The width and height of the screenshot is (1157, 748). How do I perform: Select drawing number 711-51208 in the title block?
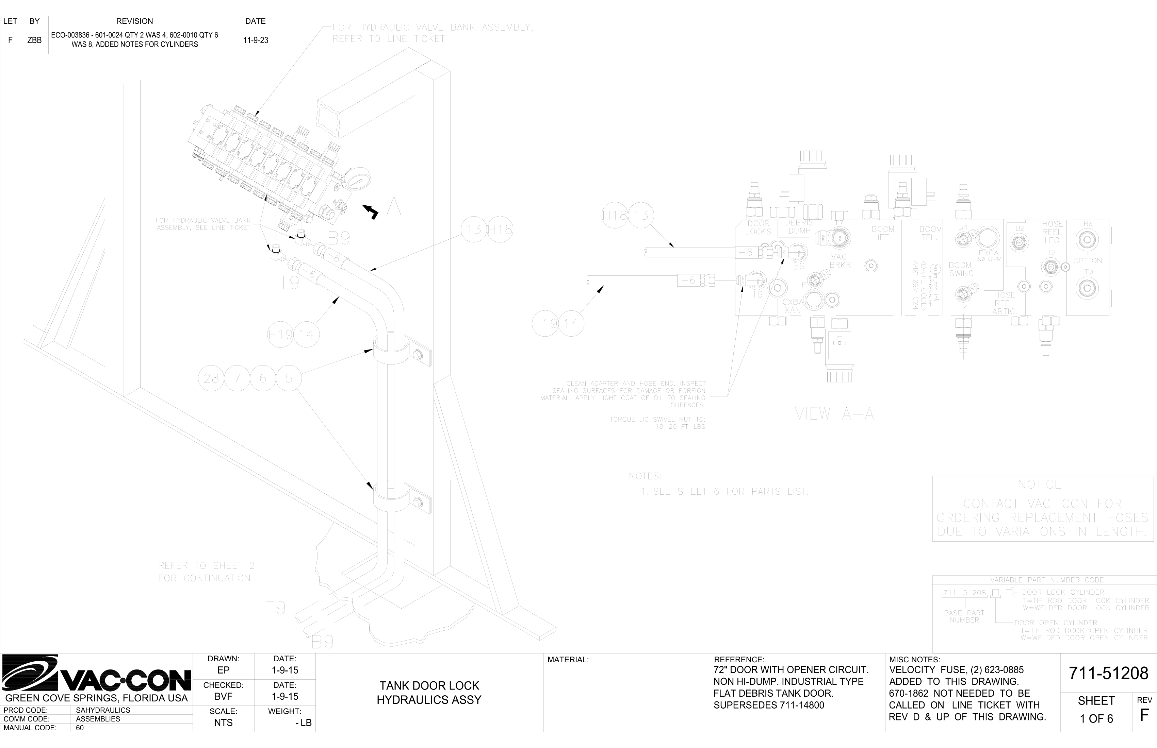tap(1108, 673)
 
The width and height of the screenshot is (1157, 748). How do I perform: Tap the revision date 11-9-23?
tap(255, 40)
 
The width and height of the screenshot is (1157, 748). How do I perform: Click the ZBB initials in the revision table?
tap(34, 40)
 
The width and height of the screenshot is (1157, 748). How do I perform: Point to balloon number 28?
tap(211, 378)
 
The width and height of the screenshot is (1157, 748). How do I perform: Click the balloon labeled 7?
tap(237, 378)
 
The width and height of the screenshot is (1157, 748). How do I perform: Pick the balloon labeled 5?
tap(289, 378)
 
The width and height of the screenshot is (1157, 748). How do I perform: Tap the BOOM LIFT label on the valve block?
tap(882, 233)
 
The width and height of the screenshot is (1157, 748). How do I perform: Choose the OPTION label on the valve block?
tap(1088, 260)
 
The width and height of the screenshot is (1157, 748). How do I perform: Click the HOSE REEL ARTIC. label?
tap(1004, 303)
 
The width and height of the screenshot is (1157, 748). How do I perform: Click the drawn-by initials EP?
tap(223, 670)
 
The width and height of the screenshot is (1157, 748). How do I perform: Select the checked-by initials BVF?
tap(223, 697)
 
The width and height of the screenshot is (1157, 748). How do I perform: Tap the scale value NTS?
tap(223, 723)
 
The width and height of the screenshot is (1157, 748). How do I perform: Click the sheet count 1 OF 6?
tap(1096, 719)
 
